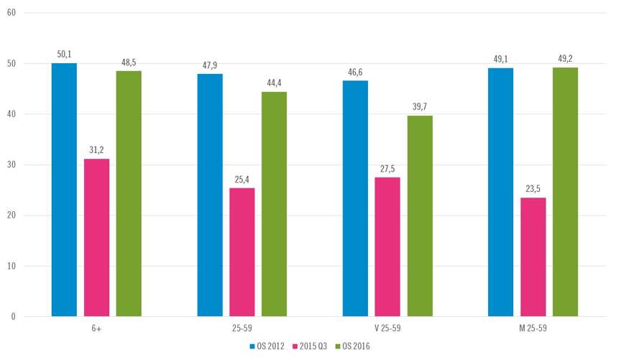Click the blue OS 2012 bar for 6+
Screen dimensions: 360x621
coord(64,190)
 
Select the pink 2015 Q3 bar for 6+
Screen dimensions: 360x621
coord(96,237)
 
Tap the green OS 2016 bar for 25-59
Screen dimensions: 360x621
coord(274,204)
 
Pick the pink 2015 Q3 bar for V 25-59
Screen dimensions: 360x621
coord(387,246)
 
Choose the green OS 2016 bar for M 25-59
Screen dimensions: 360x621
coord(565,192)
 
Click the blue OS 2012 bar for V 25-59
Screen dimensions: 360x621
coord(355,198)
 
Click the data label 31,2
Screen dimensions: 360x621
coord(96,149)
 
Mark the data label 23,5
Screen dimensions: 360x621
coord(533,188)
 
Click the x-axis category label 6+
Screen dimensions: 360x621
coord(96,328)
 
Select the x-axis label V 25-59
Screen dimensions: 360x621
coord(387,328)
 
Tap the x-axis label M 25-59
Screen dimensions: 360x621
coord(533,328)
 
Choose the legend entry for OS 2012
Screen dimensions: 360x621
coord(269,346)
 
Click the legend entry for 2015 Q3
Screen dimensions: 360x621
coord(311,346)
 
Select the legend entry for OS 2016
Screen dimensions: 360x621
coord(354,346)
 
